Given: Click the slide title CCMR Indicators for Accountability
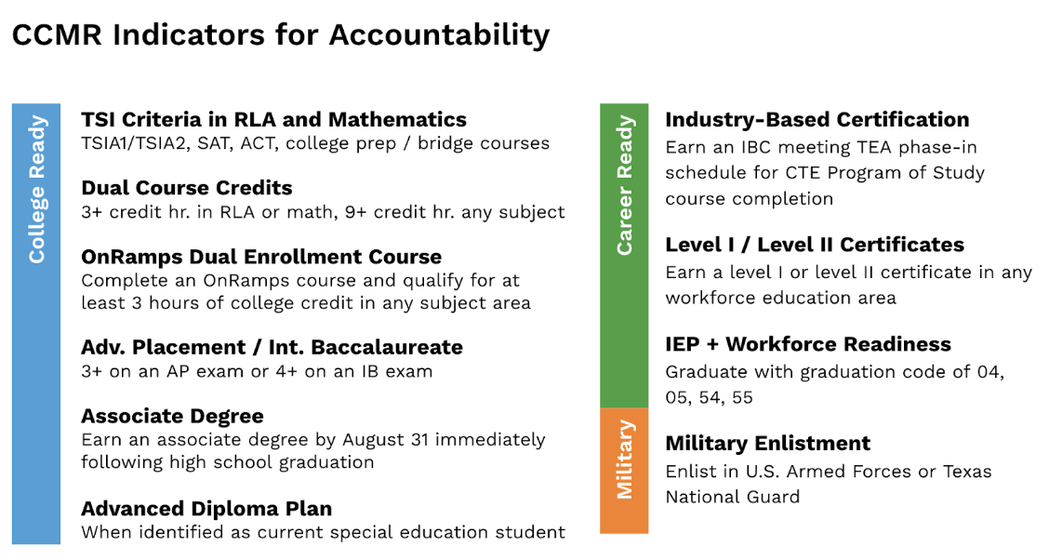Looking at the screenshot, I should pyautogui.click(x=280, y=35).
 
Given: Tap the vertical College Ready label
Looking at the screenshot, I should pyautogui.click(x=37, y=189).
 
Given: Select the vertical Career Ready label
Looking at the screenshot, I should pyautogui.click(x=625, y=185).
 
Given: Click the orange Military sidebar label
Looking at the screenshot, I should pyautogui.click(x=625, y=459).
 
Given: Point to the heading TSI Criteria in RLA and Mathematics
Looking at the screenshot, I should pyautogui.click(x=273, y=120).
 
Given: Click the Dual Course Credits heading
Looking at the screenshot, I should pyautogui.click(x=186, y=188).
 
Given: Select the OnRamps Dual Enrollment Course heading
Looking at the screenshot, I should pyautogui.click(x=261, y=257).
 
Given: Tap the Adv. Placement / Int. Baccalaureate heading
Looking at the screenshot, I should pyautogui.click(x=272, y=348).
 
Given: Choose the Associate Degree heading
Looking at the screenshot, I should pyautogui.click(x=172, y=417).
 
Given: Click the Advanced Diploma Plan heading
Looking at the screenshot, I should pyautogui.click(x=206, y=509).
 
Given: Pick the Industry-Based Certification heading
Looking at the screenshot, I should pyautogui.click(x=817, y=120).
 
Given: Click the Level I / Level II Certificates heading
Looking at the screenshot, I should pyautogui.click(x=814, y=246).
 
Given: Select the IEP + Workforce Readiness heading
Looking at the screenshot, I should pyautogui.click(x=807, y=344).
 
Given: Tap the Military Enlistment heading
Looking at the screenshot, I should pyautogui.click(x=767, y=444).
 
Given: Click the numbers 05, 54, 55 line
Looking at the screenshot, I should pyautogui.click(x=709, y=397).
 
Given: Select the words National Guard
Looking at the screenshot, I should pyautogui.click(x=732, y=497).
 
